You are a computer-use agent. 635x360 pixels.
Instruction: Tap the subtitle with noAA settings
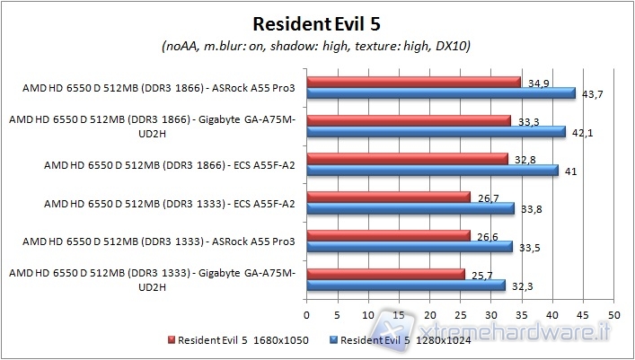317,45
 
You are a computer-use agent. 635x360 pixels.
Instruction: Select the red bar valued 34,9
413,82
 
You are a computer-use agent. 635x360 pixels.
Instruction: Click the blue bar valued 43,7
441,93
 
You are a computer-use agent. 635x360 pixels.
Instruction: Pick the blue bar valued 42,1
436,132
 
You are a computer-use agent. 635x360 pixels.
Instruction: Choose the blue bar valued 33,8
410,208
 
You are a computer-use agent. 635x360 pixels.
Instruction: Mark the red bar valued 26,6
388,235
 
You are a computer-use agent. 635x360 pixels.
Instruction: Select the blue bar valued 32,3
406,285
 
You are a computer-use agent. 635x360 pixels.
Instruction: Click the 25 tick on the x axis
460,316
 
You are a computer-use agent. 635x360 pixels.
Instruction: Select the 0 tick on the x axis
307,316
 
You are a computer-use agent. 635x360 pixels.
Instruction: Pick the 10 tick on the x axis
368,316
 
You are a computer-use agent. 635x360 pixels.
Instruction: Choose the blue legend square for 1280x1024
334,340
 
